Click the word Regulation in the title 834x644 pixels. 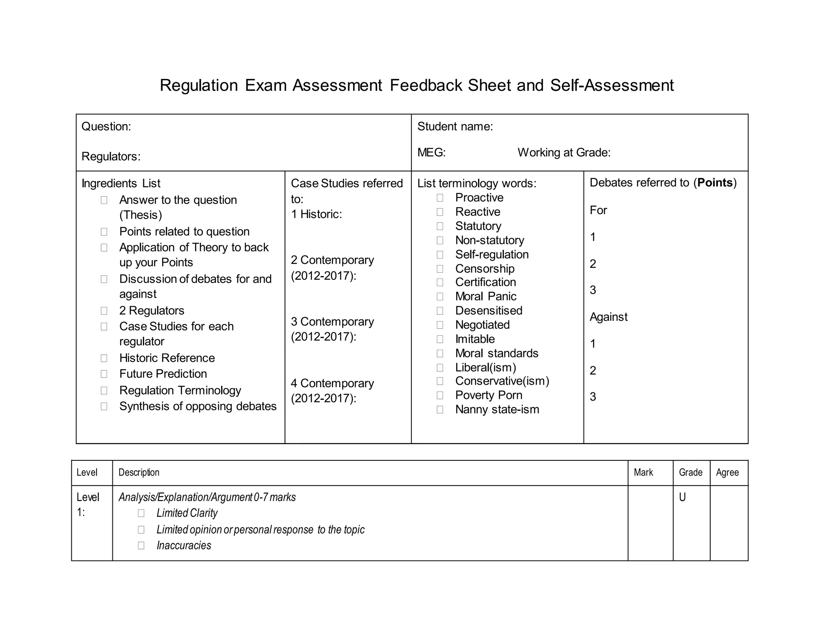pyautogui.click(x=199, y=85)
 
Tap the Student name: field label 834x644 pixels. pyautogui.click(x=455, y=127)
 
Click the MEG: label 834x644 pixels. pyautogui.click(x=431, y=153)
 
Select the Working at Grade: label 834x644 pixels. pyautogui.click(x=564, y=153)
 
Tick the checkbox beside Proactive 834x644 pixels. pyautogui.click(x=440, y=198)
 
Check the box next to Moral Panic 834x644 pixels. pyautogui.click(x=440, y=297)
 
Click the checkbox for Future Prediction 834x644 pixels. pyautogui.click(x=104, y=374)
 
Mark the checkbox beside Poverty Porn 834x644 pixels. pyautogui.click(x=440, y=395)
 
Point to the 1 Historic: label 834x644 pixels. pyautogui.click(x=316, y=215)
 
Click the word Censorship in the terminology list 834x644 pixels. pyautogui.click(x=485, y=269)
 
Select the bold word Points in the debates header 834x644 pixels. pyautogui.click(x=715, y=183)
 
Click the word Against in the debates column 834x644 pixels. pyautogui.click(x=608, y=317)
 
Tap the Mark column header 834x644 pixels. pyautogui.click(x=643, y=473)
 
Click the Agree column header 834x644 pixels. pyautogui.click(x=727, y=473)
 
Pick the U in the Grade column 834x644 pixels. pyautogui.click(x=683, y=497)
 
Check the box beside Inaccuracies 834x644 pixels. pyautogui.click(x=141, y=545)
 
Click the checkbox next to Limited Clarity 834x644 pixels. pyautogui.click(x=141, y=513)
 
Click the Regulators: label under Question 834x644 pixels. pyautogui.click(x=111, y=157)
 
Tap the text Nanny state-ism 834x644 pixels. pyautogui.click(x=497, y=410)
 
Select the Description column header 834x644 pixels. pyautogui.click(x=138, y=473)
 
